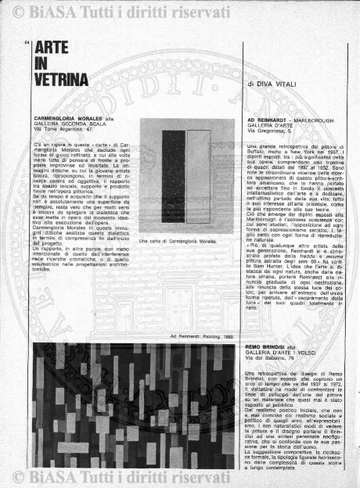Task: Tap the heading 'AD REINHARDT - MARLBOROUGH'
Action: [289, 121]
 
